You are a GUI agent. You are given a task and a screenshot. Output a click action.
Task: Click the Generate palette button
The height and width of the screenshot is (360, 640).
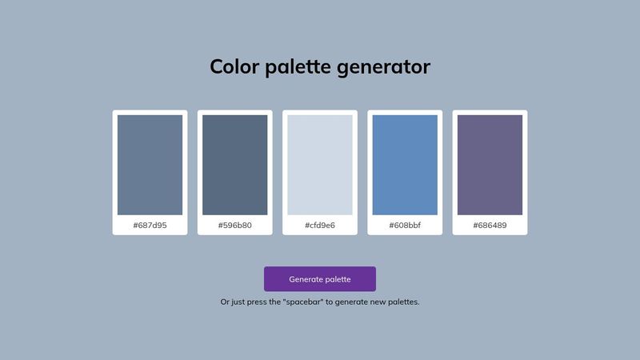click(319, 278)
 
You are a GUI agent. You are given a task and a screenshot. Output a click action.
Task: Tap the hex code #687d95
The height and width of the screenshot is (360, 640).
click(150, 225)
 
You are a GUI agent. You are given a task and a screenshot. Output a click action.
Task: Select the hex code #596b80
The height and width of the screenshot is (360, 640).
click(234, 225)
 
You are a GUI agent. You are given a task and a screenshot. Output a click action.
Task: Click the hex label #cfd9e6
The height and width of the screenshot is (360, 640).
click(319, 225)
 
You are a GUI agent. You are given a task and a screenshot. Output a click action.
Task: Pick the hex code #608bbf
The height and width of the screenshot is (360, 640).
click(405, 225)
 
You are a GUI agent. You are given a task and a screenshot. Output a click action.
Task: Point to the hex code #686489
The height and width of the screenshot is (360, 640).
click(490, 225)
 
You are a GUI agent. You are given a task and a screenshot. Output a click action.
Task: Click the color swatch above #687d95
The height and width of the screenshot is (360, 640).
click(150, 165)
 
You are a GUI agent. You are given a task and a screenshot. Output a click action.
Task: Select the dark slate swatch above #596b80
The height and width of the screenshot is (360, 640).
click(234, 165)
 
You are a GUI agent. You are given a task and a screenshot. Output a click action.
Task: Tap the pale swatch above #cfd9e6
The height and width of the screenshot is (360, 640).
click(319, 165)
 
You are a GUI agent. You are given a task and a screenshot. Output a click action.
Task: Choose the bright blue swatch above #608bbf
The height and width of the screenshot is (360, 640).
click(405, 165)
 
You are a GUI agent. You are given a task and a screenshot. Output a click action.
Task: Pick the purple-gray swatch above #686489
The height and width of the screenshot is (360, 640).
click(490, 165)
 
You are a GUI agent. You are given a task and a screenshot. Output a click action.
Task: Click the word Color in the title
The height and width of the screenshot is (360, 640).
click(234, 66)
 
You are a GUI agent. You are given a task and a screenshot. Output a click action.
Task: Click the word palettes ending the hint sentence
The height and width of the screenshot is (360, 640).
click(403, 302)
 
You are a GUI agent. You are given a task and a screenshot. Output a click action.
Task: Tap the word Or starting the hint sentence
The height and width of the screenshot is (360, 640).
click(225, 302)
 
